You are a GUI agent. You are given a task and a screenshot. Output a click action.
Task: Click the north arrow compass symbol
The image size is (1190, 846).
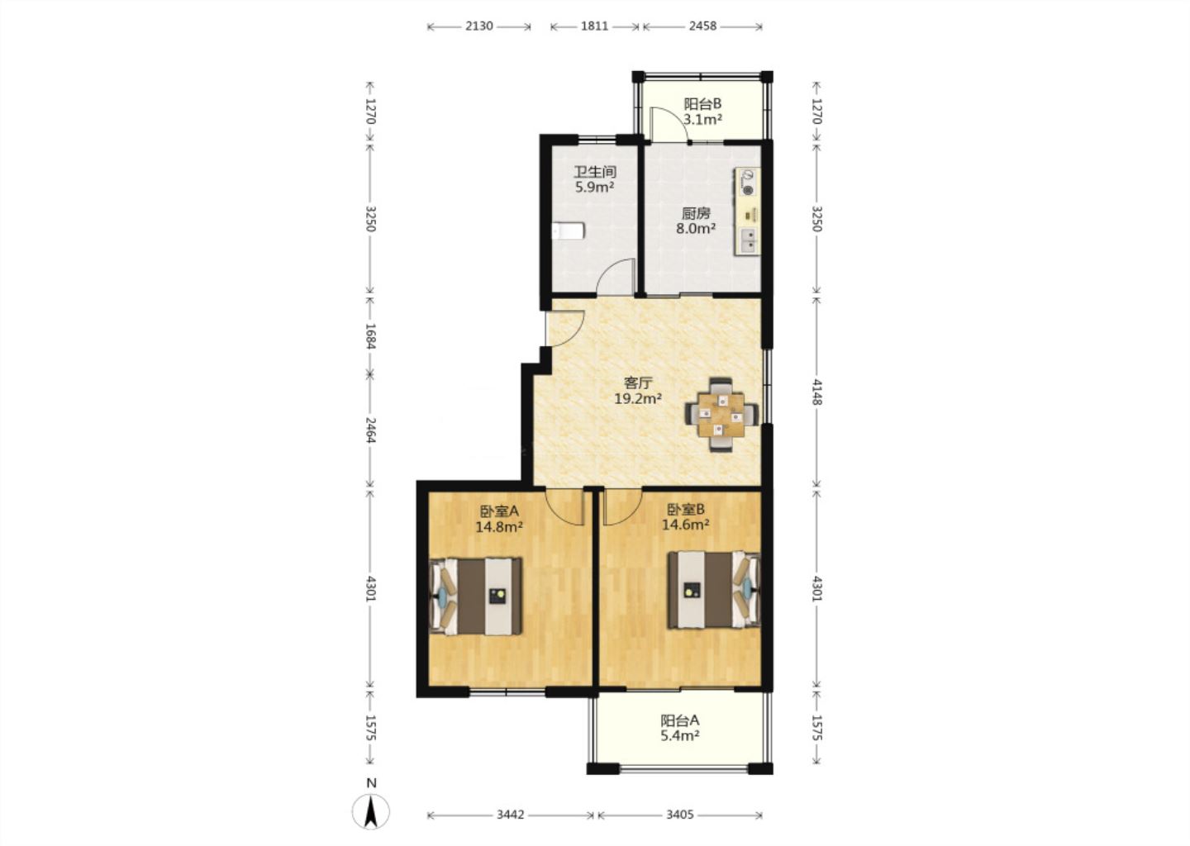click(371, 810)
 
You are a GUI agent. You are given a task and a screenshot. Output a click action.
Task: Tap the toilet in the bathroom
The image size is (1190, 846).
click(568, 231)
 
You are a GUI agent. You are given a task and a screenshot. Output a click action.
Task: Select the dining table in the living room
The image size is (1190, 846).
click(721, 414)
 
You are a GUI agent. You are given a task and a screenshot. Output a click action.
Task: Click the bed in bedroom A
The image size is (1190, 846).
click(476, 596)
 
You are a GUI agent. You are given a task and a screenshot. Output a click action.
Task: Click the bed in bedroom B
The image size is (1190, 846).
click(714, 590)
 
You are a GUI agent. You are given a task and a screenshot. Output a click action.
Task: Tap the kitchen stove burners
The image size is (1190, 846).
click(747, 182)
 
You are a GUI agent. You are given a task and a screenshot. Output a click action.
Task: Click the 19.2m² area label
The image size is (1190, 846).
click(638, 398)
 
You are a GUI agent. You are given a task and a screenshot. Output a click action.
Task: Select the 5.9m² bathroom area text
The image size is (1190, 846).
click(594, 187)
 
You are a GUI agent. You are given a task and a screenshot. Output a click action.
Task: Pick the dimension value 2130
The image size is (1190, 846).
click(479, 26)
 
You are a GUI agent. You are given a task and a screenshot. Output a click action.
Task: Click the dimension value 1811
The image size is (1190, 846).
click(594, 26)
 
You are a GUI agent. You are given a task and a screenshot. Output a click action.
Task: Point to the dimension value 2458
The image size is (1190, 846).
click(702, 26)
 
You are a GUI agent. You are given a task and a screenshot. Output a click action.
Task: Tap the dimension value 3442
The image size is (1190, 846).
click(511, 815)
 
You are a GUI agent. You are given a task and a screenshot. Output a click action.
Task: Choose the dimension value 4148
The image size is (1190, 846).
click(817, 392)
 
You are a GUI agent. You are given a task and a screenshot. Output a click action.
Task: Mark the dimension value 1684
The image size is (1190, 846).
click(370, 336)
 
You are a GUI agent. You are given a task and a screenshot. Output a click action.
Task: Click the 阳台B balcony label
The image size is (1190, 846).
click(702, 104)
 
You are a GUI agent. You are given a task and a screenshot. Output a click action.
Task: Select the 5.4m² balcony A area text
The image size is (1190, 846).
click(680, 735)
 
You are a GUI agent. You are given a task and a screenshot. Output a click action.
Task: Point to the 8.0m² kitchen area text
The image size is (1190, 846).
click(696, 228)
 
